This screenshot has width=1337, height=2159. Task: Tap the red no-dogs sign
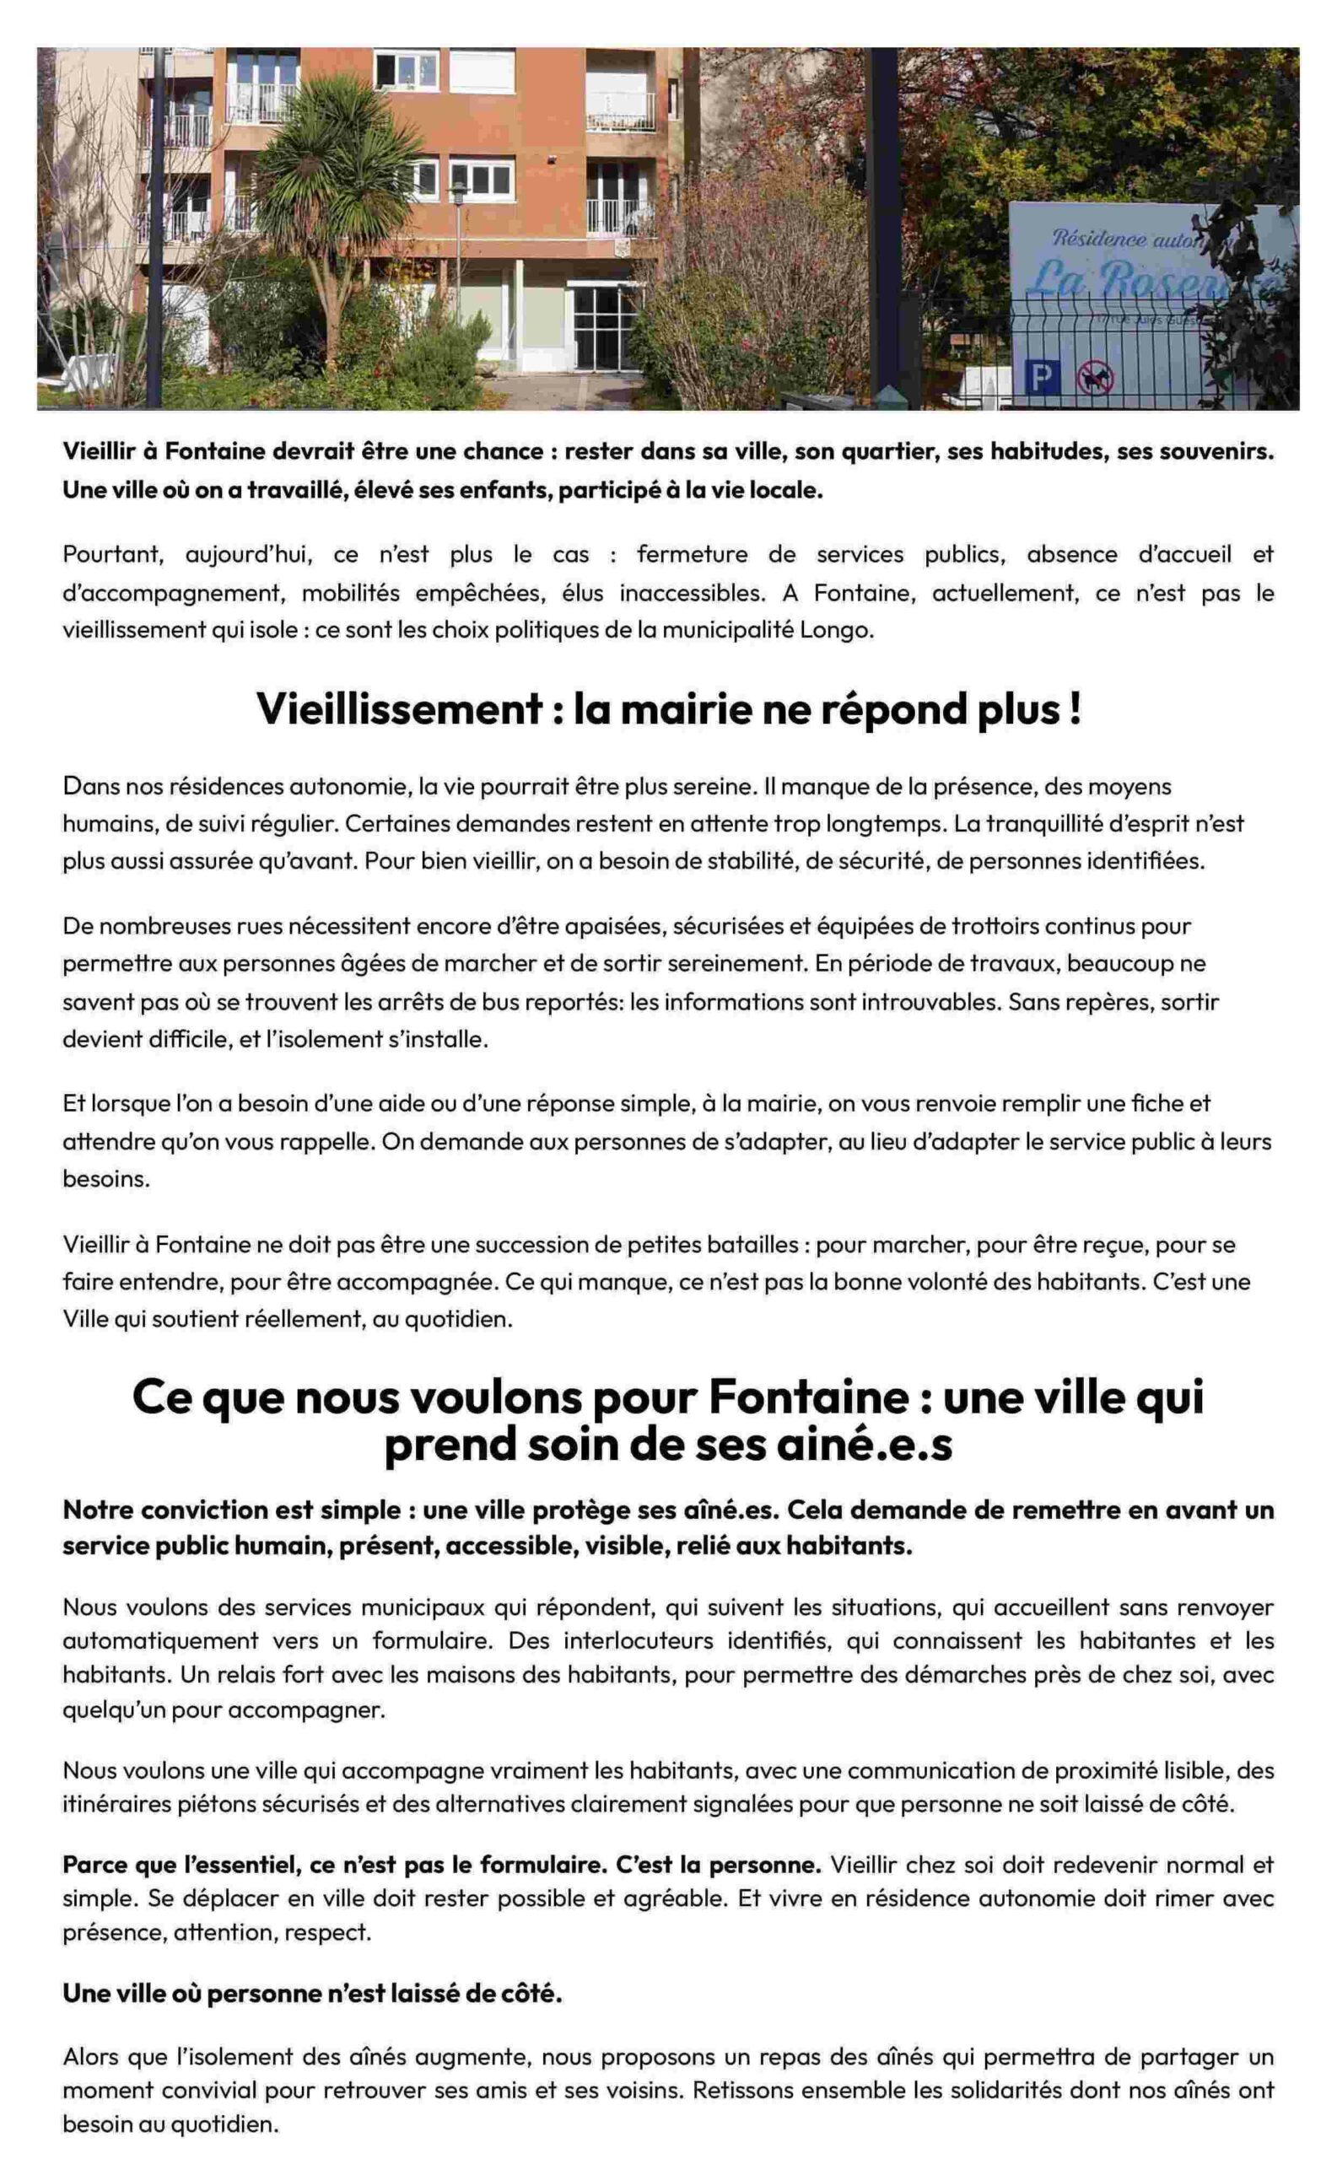pos(1095,380)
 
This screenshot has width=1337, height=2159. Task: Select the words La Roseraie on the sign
pos(1150,280)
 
